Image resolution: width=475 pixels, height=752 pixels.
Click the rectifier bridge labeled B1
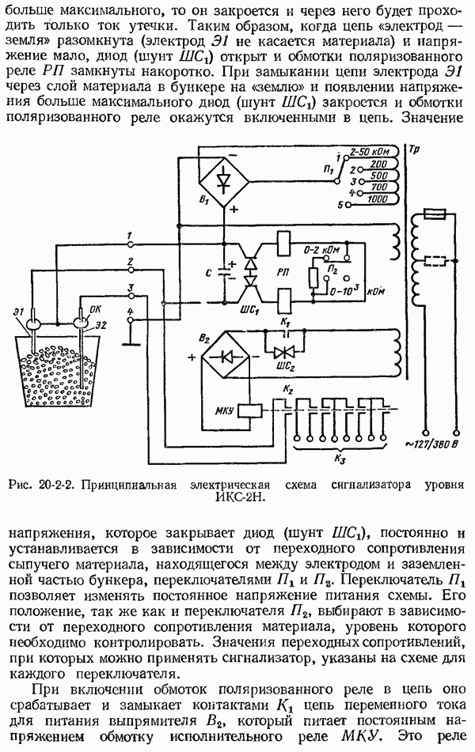tap(223, 181)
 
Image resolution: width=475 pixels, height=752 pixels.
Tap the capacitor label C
tap(206, 274)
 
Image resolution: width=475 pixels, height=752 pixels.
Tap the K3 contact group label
tap(341, 458)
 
